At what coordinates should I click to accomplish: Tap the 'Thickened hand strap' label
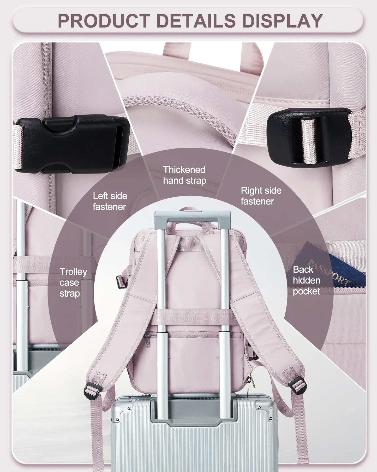(184, 175)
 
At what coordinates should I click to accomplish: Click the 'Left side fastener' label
(110, 201)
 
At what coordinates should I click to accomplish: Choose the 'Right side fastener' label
(261, 196)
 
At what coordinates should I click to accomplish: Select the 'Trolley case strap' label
(73, 282)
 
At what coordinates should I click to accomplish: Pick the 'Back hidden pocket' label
(307, 280)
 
